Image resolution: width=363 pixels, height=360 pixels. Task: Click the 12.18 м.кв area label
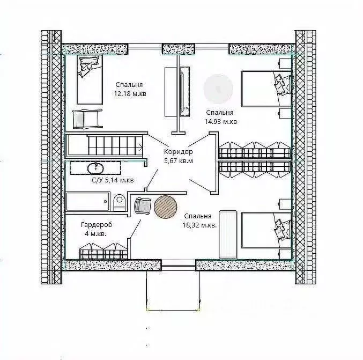pos(130,94)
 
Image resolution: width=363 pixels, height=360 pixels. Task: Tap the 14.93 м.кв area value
pos(220,122)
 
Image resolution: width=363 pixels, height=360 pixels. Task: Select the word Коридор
pos(178,152)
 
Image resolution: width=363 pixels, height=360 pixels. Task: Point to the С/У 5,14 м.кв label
pos(113,180)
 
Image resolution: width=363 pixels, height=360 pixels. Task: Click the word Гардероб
pos(97,224)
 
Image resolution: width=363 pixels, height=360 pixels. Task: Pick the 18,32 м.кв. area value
pos(200,225)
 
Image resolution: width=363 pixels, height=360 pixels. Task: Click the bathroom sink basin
pos(95,168)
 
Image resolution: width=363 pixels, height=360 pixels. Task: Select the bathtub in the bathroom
pos(88,201)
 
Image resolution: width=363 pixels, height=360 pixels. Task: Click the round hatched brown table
pos(166,207)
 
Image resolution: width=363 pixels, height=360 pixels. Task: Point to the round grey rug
pos(218,89)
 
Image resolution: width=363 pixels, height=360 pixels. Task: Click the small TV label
pos(186,108)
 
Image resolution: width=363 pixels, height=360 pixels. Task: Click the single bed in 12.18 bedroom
pos(90,80)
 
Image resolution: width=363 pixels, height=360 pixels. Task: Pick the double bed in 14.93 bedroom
pos(266,89)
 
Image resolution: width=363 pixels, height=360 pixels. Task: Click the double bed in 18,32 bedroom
pos(266,230)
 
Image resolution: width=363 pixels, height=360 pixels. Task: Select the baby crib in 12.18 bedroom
pos(87,119)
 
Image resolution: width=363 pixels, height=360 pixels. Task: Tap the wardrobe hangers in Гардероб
pos(103,251)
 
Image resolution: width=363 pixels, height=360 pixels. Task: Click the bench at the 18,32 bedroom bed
pos(228,234)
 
